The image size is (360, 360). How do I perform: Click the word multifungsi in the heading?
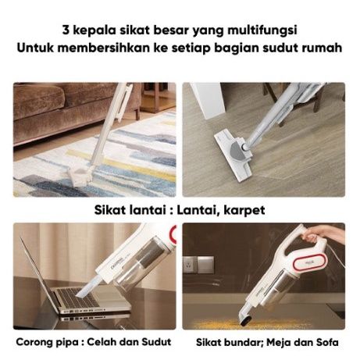(262, 30)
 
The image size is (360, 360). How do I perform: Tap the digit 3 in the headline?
(66, 30)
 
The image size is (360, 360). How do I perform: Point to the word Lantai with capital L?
(196, 209)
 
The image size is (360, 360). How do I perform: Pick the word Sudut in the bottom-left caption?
(156, 341)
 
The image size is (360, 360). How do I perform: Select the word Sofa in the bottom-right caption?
(327, 342)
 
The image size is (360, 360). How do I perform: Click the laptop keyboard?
(77, 298)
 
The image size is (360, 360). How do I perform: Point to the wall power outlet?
(189, 265)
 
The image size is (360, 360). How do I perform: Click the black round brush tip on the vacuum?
(245, 319)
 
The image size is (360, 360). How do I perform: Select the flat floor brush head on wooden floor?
(233, 157)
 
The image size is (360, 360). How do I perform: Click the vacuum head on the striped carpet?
(80, 176)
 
